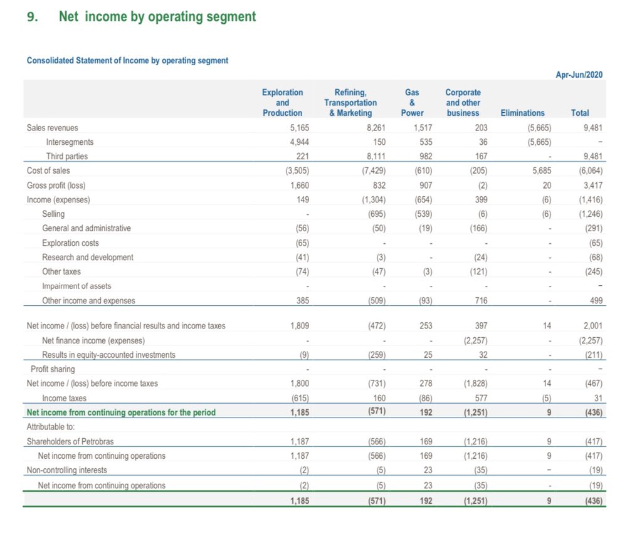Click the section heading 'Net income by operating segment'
(x=157, y=17)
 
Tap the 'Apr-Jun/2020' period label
(x=579, y=75)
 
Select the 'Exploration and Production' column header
(x=282, y=102)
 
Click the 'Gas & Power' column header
(x=412, y=102)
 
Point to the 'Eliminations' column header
(x=522, y=113)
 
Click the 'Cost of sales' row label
(x=48, y=170)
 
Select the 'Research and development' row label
(x=88, y=257)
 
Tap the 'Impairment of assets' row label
(x=76, y=286)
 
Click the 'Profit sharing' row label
(x=53, y=369)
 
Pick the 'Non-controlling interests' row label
(x=66, y=470)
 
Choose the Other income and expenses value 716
(x=478, y=301)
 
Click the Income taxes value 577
(x=478, y=398)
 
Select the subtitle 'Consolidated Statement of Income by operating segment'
(x=127, y=61)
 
